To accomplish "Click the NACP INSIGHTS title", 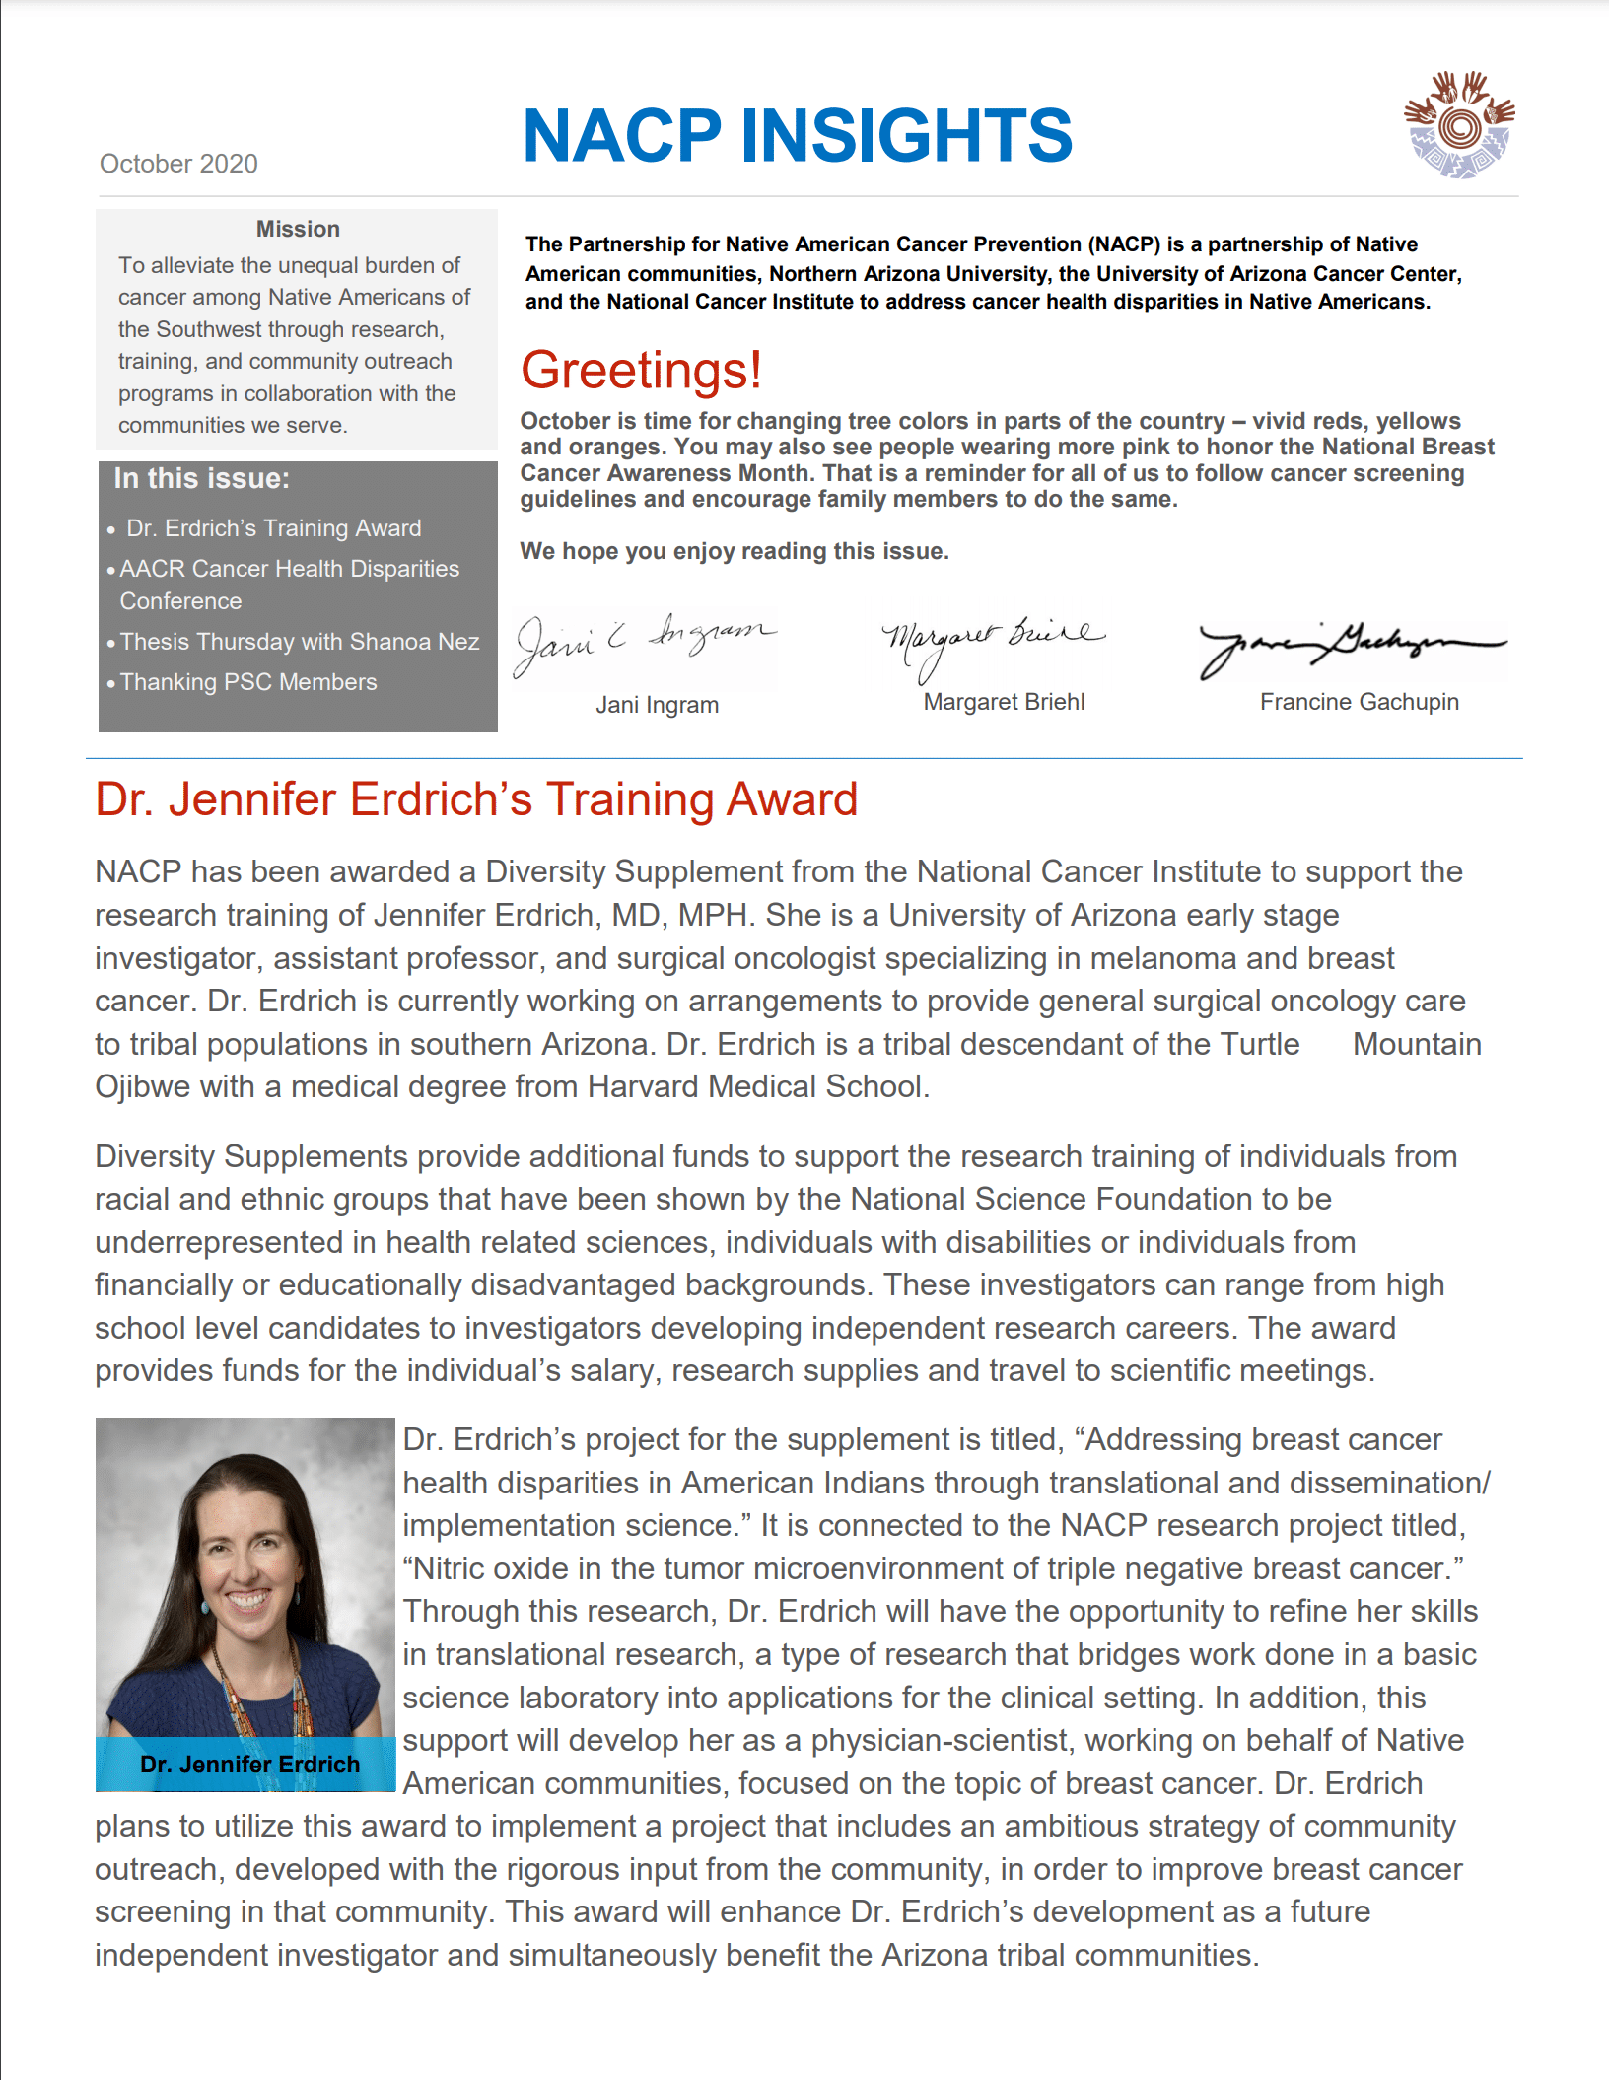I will click(797, 135).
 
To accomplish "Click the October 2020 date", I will click(178, 164).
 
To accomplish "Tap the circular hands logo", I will click(1459, 125).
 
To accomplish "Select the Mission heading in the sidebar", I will click(298, 229).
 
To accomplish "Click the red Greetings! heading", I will click(641, 371).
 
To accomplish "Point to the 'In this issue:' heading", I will click(202, 479).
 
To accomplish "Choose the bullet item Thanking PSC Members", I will click(248, 682).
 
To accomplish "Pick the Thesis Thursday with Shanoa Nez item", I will click(300, 642).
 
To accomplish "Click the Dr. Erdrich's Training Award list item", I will click(273, 528).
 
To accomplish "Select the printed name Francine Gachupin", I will click(1359, 702).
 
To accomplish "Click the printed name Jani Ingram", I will click(657, 705).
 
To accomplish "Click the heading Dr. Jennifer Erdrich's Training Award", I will click(476, 799).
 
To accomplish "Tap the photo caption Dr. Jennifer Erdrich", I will click(249, 1765).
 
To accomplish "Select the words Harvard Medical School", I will click(756, 1087).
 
